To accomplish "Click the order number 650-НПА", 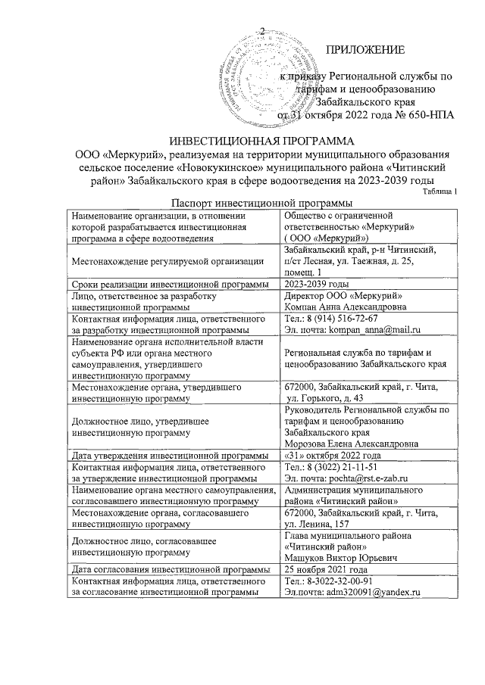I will pos(427,116).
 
